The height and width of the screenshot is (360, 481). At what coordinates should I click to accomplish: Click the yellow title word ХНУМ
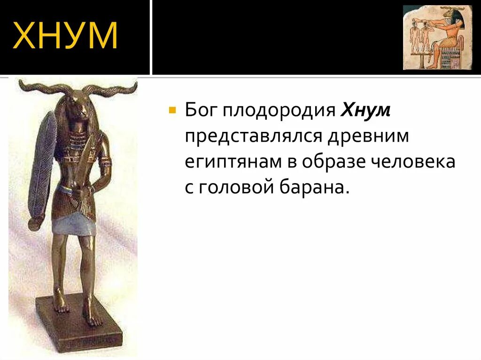tap(66, 36)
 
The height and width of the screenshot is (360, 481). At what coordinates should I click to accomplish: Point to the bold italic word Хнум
tap(365, 111)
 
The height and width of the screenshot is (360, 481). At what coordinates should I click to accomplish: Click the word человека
tap(413, 162)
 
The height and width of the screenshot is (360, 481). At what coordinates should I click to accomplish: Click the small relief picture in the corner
tap(437, 38)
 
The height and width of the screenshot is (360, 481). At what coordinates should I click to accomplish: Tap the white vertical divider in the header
tap(151, 38)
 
